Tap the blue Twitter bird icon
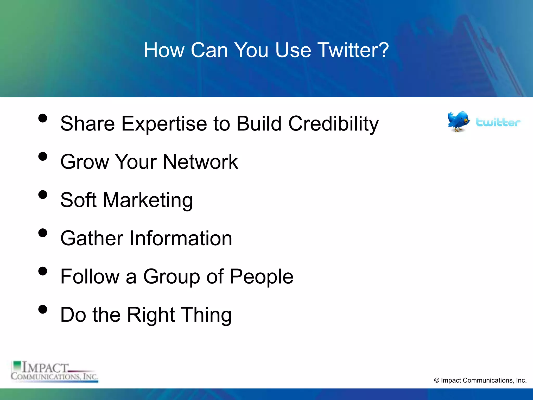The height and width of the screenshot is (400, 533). pos(458,121)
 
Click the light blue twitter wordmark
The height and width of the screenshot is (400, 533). pos(498,122)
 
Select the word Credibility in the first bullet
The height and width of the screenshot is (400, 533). pos(333,124)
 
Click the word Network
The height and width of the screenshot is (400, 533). pos(200,162)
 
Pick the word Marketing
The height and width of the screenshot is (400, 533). pos(148,200)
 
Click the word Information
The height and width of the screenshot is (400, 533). pos(181,238)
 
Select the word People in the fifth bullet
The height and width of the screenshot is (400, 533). pos(261,277)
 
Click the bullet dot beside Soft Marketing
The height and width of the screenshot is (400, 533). pos(43,195)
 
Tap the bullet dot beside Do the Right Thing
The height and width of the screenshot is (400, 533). pos(43,309)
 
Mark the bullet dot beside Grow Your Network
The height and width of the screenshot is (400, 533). pos(43,157)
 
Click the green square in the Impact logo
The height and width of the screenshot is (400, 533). pos(17,365)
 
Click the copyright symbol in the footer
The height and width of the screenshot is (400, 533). pos(437,380)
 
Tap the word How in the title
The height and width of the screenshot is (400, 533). pos(164,50)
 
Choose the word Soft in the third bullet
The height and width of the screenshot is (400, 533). pos(78,200)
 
